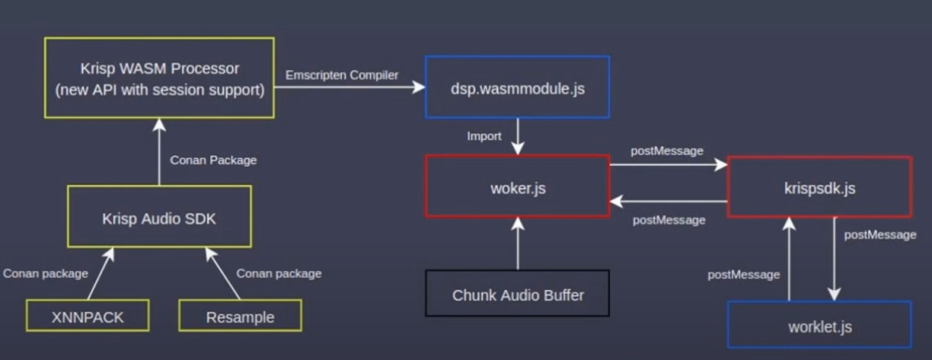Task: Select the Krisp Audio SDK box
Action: [x=159, y=218]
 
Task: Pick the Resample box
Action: [x=240, y=317]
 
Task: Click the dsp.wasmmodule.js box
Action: [x=518, y=87]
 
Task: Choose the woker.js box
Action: [x=518, y=186]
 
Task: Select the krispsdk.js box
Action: [x=819, y=186]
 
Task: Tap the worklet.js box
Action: [x=820, y=326]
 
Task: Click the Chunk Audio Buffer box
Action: [x=518, y=295]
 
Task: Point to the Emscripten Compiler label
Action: [x=343, y=75]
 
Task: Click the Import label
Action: [x=484, y=136]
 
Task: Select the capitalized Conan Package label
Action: [x=213, y=160]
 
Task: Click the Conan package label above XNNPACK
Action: [x=46, y=274]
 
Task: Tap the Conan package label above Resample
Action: [x=279, y=274]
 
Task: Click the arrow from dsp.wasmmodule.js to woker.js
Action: [x=518, y=136]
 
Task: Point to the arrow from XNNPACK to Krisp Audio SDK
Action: [x=98, y=274]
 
